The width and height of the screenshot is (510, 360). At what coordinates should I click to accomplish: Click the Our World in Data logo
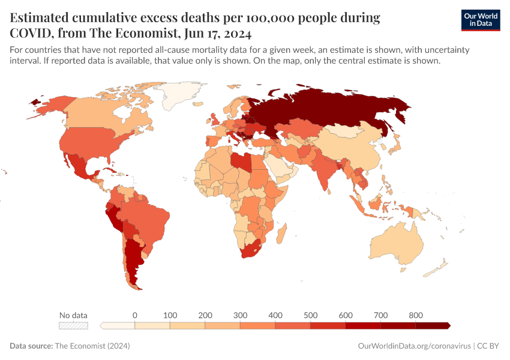pyautogui.click(x=480, y=20)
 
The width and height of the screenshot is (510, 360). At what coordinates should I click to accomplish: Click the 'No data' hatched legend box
pyautogui.click(x=73, y=326)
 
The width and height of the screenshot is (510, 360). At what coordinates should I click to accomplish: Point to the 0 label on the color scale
pyautogui.click(x=135, y=315)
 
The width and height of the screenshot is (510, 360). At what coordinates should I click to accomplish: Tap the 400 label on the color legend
pyautogui.click(x=275, y=315)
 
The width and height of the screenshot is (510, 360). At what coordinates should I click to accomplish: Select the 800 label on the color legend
pyautogui.click(x=416, y=315)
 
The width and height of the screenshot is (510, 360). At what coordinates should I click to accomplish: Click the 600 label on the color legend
pyautogui.click(x=346, y=315)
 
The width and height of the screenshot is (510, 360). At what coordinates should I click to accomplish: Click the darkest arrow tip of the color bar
pyautogui.click(x=448, y=326)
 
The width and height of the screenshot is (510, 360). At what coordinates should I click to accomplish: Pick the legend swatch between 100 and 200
pyautogui.click(x=187, y=326)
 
